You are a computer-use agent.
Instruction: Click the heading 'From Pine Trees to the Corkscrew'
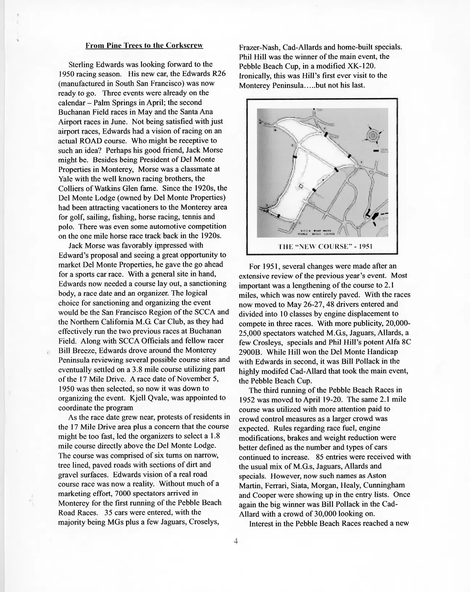point(144,46)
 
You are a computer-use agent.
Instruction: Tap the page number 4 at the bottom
point(235,542)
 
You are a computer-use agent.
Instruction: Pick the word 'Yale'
point(65,179)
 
